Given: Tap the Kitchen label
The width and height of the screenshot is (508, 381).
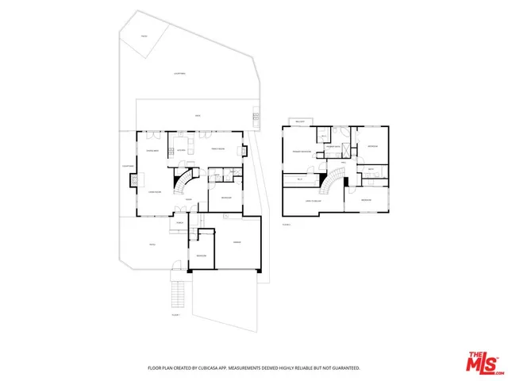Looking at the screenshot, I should click(x=181, y=149).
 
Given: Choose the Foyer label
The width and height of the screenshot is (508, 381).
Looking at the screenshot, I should click(x=189, y=210).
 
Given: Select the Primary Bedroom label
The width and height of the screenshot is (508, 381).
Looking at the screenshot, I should click(x=302, y=151).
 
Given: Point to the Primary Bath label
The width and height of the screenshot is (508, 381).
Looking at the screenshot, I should click(x=333, y=147).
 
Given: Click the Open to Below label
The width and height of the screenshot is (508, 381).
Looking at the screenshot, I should click(x=314, y=201).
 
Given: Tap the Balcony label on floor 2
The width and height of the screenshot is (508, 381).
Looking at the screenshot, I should click(x=300, y=121).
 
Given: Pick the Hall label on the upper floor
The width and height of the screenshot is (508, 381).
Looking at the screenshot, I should click(x=344, y=163).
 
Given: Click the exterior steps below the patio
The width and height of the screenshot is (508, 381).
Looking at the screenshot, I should click(x=178, y=294).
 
